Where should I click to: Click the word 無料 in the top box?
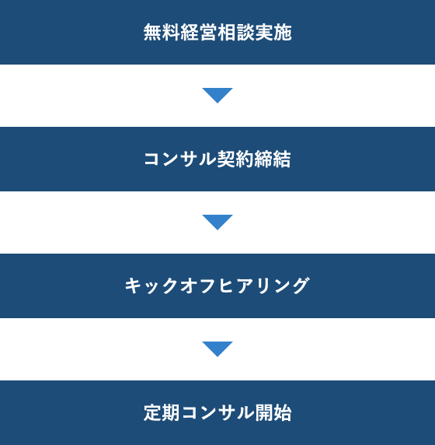(x=162, y=32)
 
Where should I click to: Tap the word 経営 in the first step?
(x=199, y=32)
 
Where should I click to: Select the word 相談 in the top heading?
(x=236, y=32)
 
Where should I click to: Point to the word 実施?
(x=273, y=32)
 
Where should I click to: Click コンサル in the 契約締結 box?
(x=180, y=159)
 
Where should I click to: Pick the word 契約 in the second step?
(x=235, y=159)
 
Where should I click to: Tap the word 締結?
(x=273, y=159)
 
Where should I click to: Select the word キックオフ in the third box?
(x=170, y=286)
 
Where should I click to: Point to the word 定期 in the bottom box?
(x=162, y=412)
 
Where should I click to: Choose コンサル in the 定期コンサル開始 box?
(x=217, y=412)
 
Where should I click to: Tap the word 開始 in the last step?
(x=273, y=412)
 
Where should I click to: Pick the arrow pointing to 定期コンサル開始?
(x=217, y=349)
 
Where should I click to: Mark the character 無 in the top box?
(x=152, y=32)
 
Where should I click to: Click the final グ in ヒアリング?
(x=301, y=286)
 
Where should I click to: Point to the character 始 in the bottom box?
(x=283, y=412)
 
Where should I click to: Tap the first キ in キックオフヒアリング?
(x=133, y=286)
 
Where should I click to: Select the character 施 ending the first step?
(x=283, y=32)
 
